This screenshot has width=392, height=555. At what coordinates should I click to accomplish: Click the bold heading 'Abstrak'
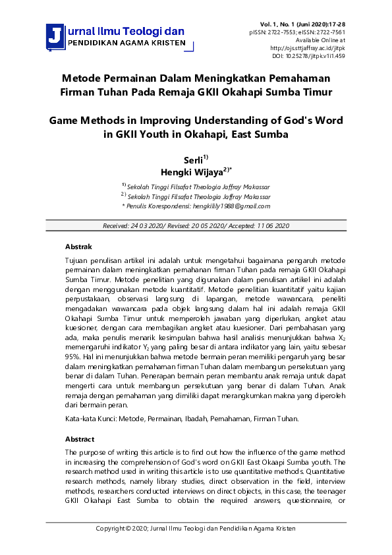78,247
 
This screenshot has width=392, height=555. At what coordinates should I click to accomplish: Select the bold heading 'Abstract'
80,438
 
